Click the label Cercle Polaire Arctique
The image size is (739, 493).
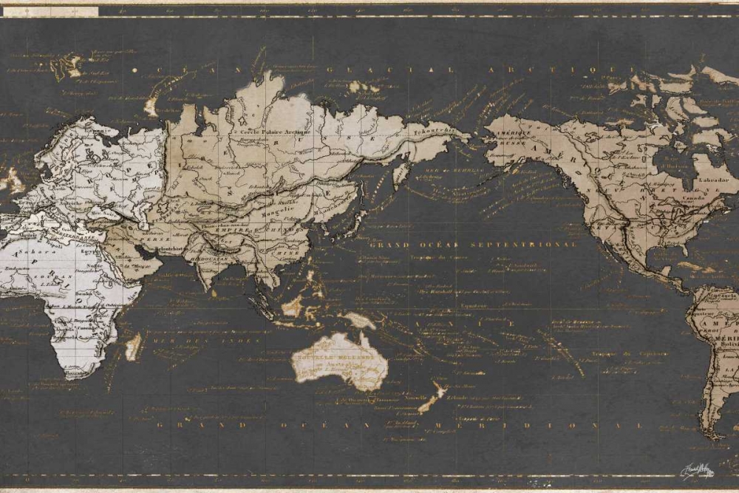[266, 132]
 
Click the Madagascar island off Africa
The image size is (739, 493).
[133, 346]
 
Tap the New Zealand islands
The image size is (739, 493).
[432, 399]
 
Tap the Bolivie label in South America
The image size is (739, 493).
[727, 345]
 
